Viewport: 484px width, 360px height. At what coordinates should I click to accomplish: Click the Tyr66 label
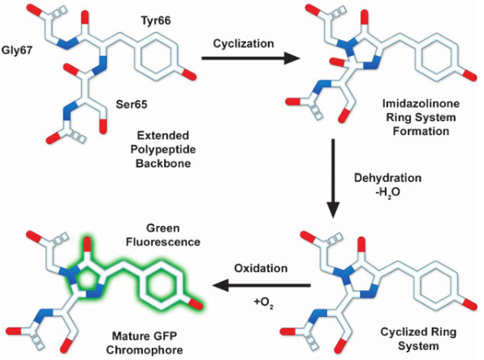coord(156,20)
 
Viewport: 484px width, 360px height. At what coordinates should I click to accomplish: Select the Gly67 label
coord(17,50)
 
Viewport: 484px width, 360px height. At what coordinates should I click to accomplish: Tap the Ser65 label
coord(132,105)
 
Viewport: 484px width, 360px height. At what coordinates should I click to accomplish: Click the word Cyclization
coord(244,43)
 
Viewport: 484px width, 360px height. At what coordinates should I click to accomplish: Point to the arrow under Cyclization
coord(251,58)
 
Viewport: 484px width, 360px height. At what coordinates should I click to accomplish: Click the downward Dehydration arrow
coord(333,179)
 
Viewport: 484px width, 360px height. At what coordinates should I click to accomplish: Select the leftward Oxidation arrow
coord(261,284)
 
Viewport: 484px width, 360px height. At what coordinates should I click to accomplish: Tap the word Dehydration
coord(387,178)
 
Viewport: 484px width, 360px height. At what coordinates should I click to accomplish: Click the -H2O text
coord(387,193)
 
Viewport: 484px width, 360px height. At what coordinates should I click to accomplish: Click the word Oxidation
coord(261,268)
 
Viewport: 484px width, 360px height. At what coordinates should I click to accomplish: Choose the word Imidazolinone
coord(421,103)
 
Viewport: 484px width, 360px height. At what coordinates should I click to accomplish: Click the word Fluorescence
coord(163,242)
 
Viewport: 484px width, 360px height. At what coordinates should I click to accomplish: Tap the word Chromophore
coord(145,350)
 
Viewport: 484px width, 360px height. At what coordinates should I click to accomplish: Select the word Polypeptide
coord(163,150)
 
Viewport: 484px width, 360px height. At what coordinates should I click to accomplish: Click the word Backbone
coord(163,163)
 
